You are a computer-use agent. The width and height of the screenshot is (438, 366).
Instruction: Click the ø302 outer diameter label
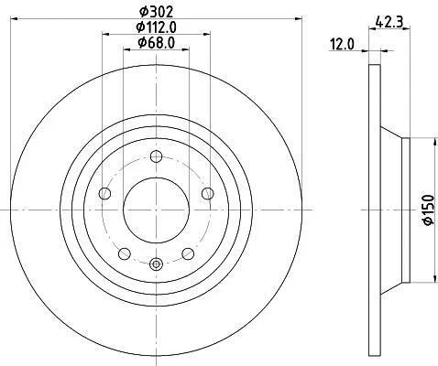click(156, 12)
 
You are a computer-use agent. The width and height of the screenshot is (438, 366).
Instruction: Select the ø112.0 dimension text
click(156, 27)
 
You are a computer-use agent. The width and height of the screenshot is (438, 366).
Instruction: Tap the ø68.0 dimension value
click(156, 43)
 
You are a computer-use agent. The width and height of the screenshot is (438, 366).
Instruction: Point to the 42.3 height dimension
click(389, 22)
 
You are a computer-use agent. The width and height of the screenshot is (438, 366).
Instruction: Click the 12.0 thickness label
click(342, 45)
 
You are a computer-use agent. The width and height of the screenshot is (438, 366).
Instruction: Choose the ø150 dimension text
click(429, 210)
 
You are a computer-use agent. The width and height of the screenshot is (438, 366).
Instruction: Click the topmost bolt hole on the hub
click(156, 156)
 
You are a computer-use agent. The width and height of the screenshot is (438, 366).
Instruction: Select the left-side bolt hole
click(104, 193)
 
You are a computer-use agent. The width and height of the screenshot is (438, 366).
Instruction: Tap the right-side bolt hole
click(208, 193)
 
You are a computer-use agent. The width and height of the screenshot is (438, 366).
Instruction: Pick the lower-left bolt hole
click(125, 253)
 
